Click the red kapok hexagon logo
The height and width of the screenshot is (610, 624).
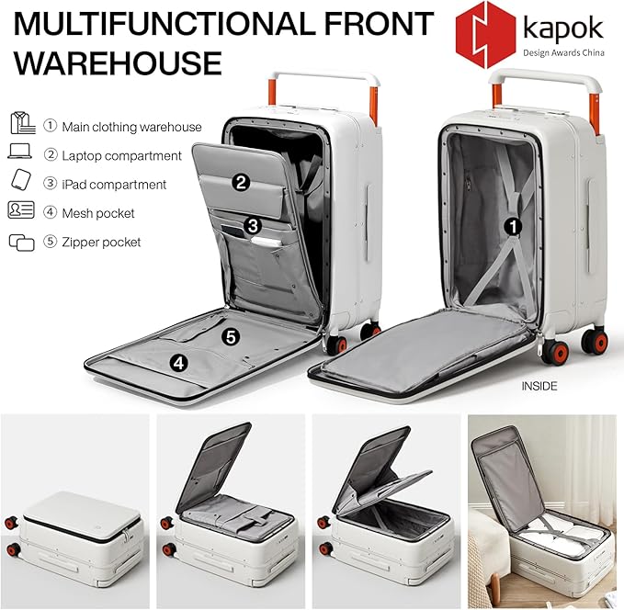[485, 35]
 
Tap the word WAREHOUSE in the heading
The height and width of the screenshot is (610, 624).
[118, 62]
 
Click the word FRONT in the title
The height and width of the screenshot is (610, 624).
[379, 23]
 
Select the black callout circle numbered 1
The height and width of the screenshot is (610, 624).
[513, 227]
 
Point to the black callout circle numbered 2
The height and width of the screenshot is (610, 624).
[241, 182]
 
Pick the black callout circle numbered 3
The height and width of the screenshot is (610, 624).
[252, 226]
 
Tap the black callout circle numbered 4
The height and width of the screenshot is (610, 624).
[178, 363]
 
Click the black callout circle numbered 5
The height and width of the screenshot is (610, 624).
[231, 336]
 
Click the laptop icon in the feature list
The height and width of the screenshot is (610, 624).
[19, 152]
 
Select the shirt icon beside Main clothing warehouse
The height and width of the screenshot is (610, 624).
[23, 123]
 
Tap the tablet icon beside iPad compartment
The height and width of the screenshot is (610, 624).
[21, 180]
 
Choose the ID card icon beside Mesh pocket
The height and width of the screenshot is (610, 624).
[21, 209]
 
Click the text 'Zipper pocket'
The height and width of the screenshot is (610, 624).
[101, 242]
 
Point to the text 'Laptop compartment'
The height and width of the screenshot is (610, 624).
[122, 155]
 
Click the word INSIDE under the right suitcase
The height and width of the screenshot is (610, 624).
[539, 386]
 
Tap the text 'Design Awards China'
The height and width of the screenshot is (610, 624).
[563, 52]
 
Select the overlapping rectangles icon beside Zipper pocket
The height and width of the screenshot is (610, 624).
[21, 243]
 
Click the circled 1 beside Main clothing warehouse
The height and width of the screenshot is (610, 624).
[51, 126]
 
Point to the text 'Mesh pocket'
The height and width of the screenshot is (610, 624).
[98, 213]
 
